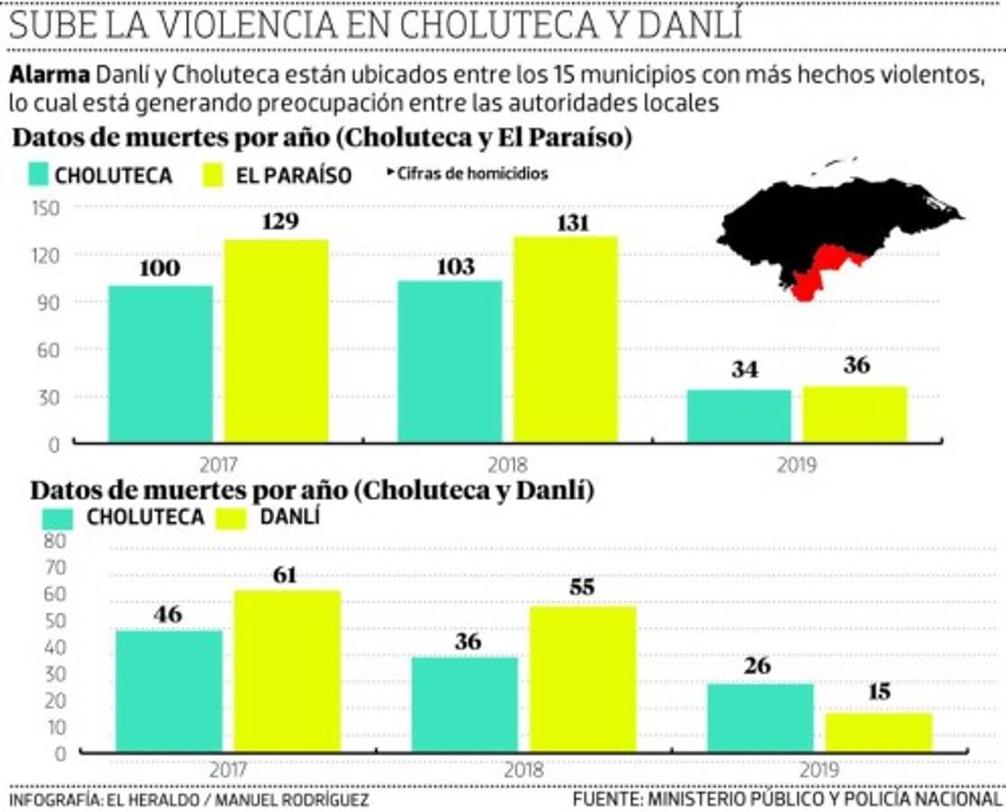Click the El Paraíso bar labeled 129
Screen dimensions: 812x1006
(x=277, y=341)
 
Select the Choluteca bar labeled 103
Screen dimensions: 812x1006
(x=450, y=361)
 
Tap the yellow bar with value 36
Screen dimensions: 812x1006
(x=855, y=414)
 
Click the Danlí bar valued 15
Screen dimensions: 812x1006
(x=879, y=732)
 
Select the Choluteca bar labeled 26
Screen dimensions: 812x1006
(x=760, y=717)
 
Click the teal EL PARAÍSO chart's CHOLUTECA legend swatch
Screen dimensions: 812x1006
(x=37, y=174)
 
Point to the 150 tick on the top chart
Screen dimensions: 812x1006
(x=43, y=208)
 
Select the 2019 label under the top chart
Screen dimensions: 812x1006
(x=797, y=466)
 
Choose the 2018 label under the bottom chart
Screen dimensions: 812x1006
(x=523, y=771)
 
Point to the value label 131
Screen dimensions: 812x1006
(x=566, y=222)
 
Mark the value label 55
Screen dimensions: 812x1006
(x=582, y=586)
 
